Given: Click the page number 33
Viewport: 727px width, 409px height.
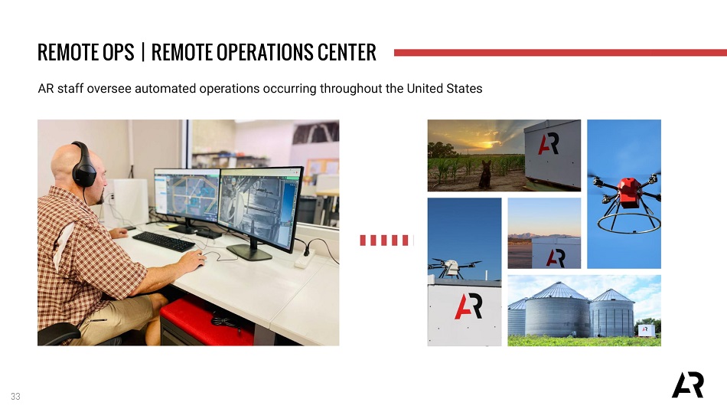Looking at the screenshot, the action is [16, 397].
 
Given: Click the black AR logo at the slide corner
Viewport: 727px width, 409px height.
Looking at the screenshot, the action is [688, 384].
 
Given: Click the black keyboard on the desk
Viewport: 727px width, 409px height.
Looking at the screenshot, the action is [163, 241].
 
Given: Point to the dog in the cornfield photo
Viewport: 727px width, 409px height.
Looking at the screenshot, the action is [484, 174].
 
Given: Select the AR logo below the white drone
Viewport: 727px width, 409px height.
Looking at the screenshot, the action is [468, 307].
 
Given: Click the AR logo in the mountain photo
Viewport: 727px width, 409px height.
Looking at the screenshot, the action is [556, 257].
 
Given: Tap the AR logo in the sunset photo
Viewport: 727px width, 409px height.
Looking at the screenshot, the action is [548, 144].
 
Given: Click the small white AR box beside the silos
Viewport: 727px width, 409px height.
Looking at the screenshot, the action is [647, 331].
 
